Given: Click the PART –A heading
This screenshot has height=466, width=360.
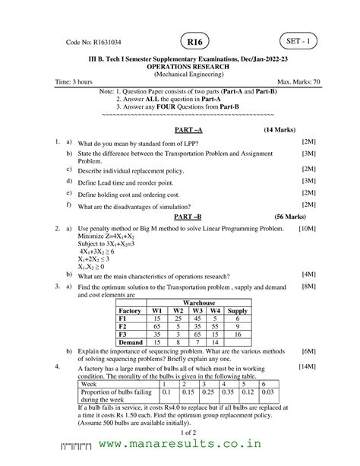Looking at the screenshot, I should tap(181, 130).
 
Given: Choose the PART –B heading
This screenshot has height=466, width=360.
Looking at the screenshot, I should tap(181, 217).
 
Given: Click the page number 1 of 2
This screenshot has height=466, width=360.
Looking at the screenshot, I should tap(180, 431).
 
